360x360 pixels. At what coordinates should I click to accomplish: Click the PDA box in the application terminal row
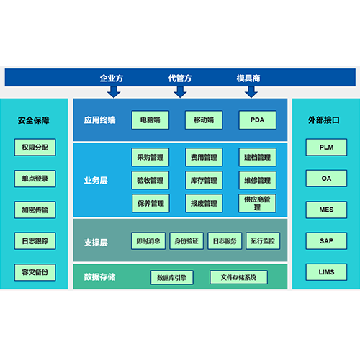[257, 120]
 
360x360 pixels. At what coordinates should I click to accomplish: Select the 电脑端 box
[150, 120]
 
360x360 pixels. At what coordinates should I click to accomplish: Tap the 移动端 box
[204, 120]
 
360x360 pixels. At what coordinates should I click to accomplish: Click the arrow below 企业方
[114, 92]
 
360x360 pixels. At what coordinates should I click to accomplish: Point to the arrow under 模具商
[251, 92]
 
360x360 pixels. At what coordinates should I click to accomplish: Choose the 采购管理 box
[150, 157]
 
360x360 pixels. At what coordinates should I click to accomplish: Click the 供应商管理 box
[257, 203]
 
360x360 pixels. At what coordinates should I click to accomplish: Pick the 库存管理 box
[204, 180]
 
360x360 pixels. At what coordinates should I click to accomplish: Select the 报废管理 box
[204, 203]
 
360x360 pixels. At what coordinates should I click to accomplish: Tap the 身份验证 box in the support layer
[186, 241]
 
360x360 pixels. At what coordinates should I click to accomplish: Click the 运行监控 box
[263, 241]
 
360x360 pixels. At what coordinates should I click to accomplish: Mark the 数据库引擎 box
[172, 277]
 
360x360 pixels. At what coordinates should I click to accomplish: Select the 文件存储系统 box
[238, 277]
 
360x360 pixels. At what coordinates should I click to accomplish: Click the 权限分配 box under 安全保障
[35, 147]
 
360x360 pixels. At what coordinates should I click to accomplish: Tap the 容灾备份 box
[35, 272]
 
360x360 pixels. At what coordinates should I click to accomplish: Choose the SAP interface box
[326, 240]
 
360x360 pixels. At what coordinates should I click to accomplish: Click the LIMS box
[326, 272]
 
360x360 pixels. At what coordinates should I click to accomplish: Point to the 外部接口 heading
[324, 120]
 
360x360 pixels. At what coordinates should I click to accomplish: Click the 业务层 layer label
[96, 180]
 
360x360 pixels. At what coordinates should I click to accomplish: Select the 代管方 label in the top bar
[180, 78]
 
